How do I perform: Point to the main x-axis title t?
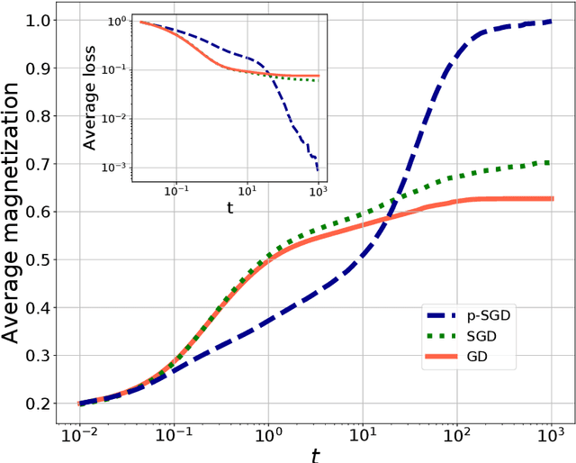(x=314, y=453)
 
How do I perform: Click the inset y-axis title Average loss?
(x=90, y=97)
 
